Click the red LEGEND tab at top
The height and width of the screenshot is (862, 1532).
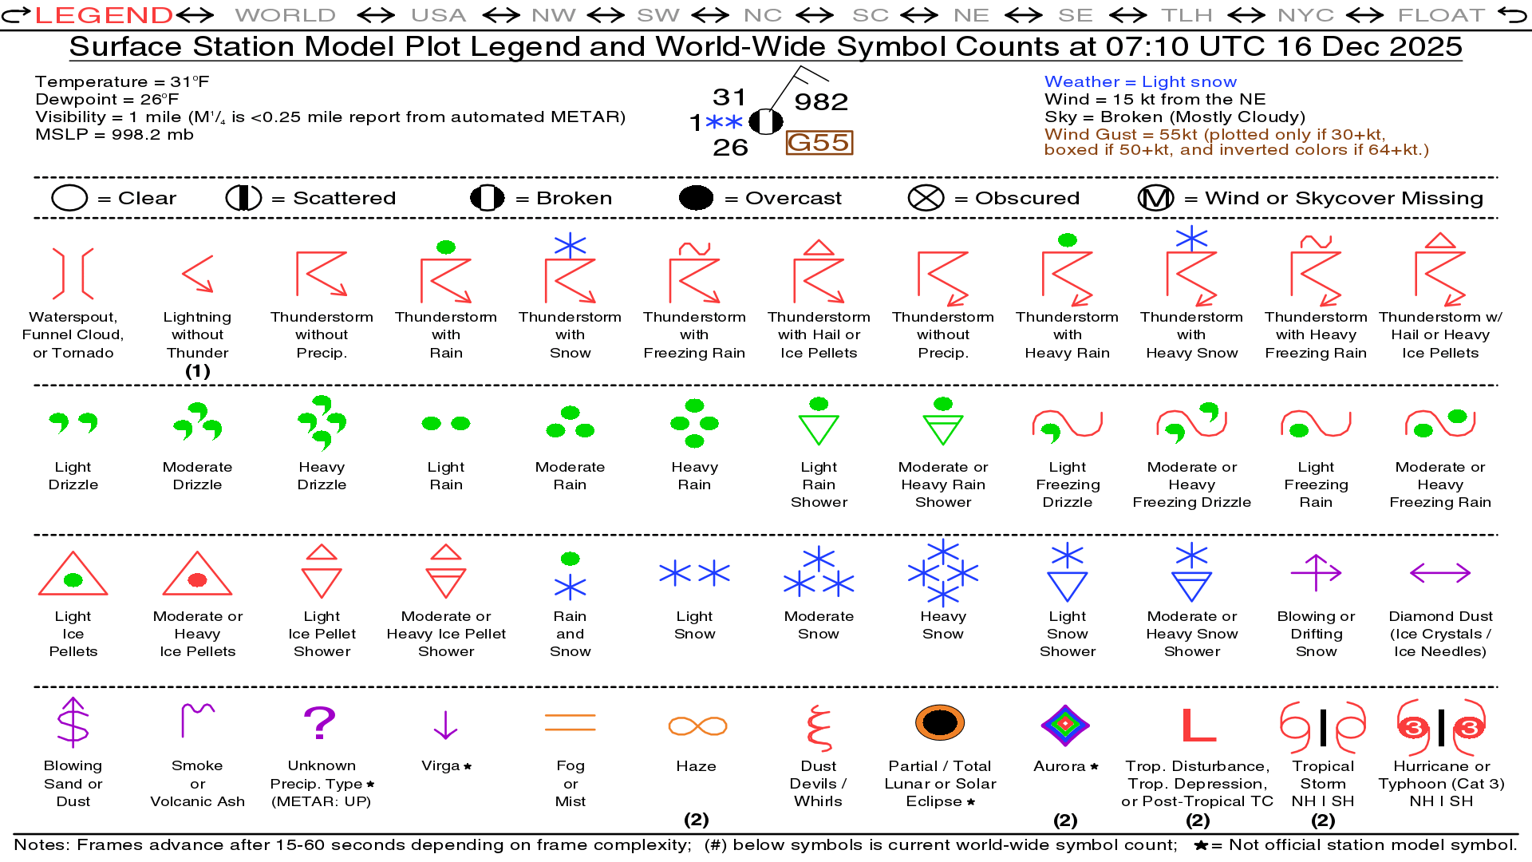pos(104,14)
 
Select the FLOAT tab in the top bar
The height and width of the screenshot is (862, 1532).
pos(1441,14)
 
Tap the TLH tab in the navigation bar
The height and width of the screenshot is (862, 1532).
pos(1187,14)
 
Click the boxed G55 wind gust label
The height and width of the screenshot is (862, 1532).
pos(819,143)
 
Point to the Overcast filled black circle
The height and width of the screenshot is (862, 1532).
pos(696,198)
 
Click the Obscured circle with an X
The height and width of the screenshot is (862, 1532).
pos(926,198)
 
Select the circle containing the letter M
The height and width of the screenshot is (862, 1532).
pos(1155,198)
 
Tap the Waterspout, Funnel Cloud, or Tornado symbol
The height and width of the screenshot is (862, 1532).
pos(73,273)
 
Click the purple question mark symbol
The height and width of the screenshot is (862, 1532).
pos(320,723)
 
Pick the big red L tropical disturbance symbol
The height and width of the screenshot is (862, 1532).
pos(1198,725)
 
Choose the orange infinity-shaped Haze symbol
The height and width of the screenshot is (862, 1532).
pos(697,726)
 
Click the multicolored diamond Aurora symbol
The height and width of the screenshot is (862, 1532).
pos(1065,725)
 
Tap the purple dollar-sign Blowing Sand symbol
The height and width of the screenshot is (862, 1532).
pos(73,722)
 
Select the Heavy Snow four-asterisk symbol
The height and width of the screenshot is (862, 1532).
pos(943,572)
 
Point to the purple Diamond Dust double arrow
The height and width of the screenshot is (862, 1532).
pos(1440,572)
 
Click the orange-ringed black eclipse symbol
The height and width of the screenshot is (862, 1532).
pos(940,722)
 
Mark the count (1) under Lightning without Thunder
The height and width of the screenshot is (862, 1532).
pos(197,371)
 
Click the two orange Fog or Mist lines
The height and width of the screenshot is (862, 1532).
pos(570,723)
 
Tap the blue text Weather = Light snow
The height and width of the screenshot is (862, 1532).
pos(1140,81)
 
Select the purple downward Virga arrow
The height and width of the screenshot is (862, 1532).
pos(445,724)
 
